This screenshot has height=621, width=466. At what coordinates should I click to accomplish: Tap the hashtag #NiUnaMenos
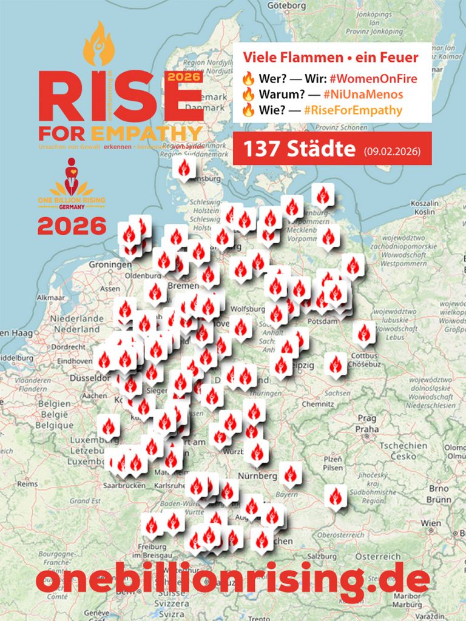click(363, 94)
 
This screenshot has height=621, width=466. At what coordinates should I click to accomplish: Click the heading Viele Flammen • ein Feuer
click(331, 58)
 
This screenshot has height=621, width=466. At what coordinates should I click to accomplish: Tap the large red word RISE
click(112, 97)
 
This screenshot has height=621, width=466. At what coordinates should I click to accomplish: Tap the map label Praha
click(367, 429)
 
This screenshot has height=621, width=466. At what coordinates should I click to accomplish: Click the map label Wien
click(431, 522)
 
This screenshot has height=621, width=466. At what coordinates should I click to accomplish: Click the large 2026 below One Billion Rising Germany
click(72, 226)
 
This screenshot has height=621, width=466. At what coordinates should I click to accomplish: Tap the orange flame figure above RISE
click(98, 44)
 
